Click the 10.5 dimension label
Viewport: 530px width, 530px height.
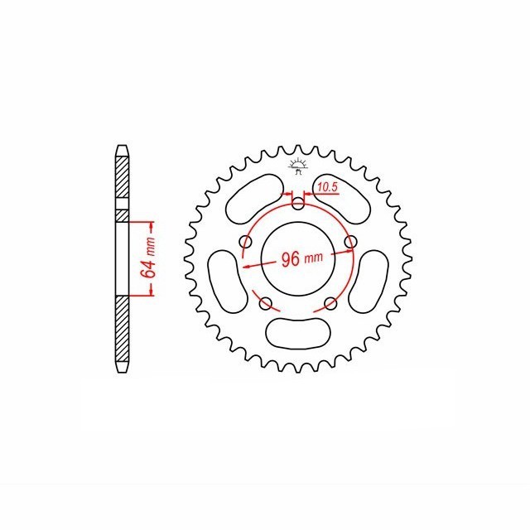pyautogui.click(x=328, y=187)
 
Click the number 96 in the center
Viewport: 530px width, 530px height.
pyautogui.click(x=291, y=259)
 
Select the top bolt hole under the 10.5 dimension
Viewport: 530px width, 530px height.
pyautogui.click(x=298, y=204)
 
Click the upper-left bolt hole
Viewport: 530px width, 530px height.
pyautogui.click(x=245, y=242)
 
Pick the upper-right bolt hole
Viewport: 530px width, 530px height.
pyautogui.click(x=350, y=242)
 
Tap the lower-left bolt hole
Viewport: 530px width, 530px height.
pyautogui.click(x=265, y=304)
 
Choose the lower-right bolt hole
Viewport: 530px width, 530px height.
pyautogui.click(x=330, y=304)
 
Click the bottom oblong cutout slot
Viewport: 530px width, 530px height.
pyautogui.click(x=298, y=333)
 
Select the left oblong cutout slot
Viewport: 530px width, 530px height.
pyautogui.click(x=227, y=282)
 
